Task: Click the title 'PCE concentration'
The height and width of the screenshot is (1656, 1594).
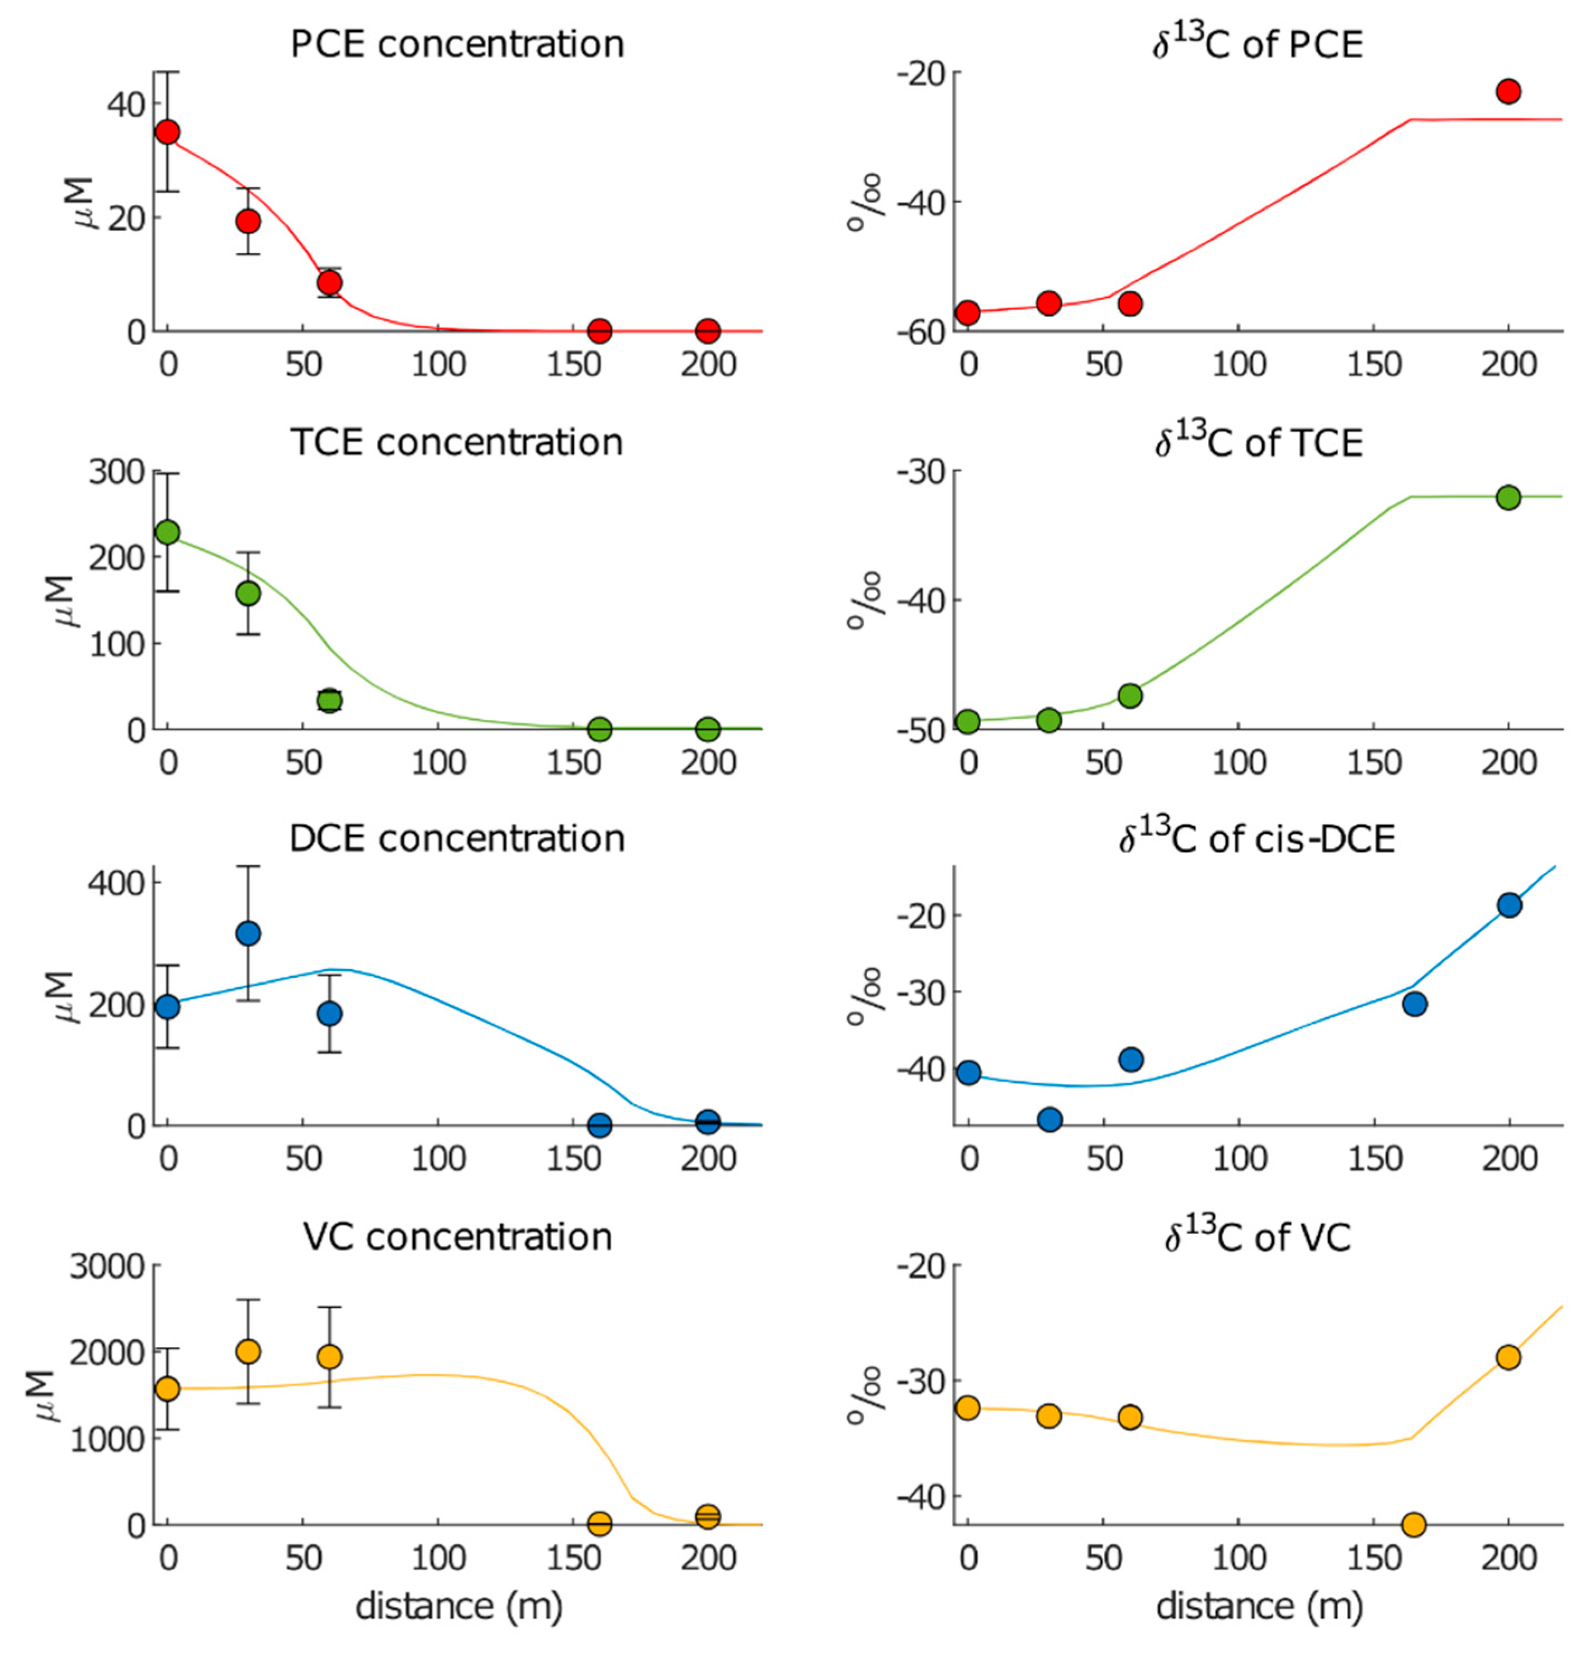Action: click(x=457, y=44)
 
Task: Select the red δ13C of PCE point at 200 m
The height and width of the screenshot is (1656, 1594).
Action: click(x=1508, y=91)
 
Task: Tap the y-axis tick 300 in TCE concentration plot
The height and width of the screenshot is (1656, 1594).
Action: click(x=119, y=472)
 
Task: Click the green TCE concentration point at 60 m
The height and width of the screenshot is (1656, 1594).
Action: click(x=330, y=700)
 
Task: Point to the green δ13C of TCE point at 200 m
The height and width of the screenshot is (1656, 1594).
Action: click(x=1508, y=497)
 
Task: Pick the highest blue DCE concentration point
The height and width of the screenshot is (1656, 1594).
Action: click(x=248, y=933)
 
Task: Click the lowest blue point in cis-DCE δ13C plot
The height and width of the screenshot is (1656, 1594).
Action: click(x=1049, y=1119)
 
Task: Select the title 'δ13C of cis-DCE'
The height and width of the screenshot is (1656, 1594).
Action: click(x=1257, y=839)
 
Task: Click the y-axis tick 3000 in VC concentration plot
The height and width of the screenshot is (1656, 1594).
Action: click(x=108, y=1266)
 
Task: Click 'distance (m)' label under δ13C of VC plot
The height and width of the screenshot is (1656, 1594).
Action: click(x=1259, y=1606)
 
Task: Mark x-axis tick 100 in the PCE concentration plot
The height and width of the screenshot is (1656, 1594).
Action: click(x=438, y=365)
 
